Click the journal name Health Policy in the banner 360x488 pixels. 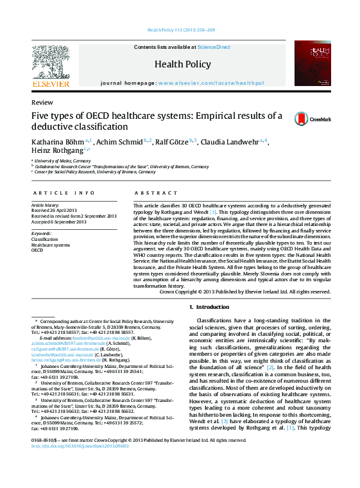click(182, 64)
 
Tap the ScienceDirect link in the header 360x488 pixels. click(214, 47)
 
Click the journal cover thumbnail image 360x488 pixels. click(313, 64)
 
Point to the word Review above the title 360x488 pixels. click(42, 103)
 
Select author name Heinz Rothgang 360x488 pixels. click(57, 150)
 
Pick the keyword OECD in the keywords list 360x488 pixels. click(38, 250)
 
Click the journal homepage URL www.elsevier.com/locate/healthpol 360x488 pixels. click(210, 83)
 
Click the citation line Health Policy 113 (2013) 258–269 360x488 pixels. click(181, 30)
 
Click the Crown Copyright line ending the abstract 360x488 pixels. click(244, 292)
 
